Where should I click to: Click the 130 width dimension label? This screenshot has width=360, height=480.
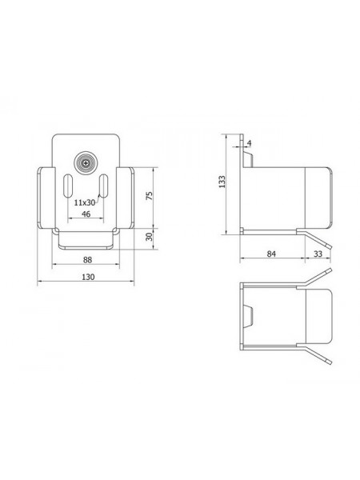pos(88,277)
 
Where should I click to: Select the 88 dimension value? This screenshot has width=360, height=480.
pos(87,260)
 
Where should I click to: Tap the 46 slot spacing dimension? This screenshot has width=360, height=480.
pos(86,214)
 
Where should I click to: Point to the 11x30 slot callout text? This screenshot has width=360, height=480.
pos(85,202)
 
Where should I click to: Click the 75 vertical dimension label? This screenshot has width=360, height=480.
pos(150,196)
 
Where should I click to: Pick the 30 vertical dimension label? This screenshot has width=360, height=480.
pos(149,237)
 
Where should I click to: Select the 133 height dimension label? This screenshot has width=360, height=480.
pos(222,182)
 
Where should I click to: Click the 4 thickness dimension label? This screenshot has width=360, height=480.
pos(249,143)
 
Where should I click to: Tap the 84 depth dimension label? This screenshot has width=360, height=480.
pos(271,254)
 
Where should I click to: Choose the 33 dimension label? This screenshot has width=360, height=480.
pos(318,254)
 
